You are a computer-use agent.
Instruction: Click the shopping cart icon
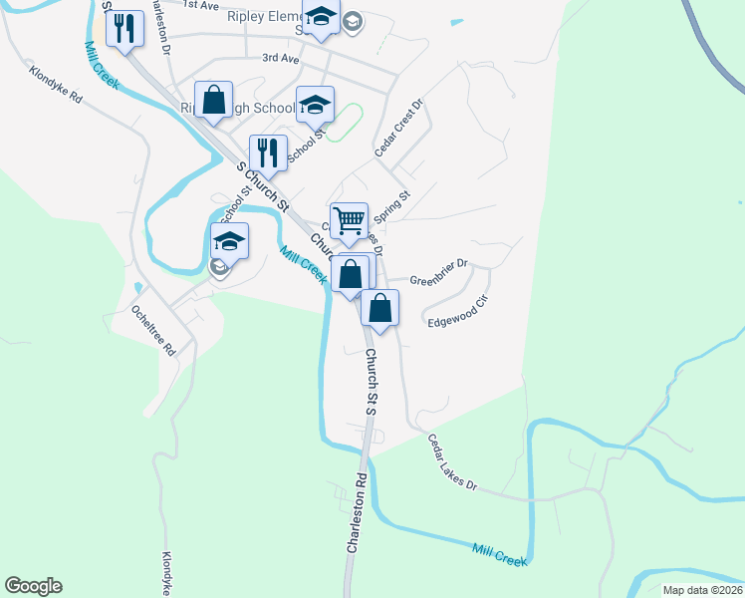tap(349, 221)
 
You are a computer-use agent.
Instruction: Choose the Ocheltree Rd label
tap(153, 330)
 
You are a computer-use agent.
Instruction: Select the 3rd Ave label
tap(281, 59)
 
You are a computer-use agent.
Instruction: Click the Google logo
tap(33, 586)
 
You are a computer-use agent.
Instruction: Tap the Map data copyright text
tap(702, 590)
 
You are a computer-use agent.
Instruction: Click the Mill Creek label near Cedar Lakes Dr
tap(499, 555)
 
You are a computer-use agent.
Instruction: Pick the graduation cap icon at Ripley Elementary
tap(321, 17)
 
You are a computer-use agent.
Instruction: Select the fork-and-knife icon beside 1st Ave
tap(124, 27)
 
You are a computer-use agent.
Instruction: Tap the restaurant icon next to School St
tap(267, 152)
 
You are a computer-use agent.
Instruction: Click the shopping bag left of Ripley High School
tap(213, 99)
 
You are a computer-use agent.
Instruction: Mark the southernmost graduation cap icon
tap(229, 241)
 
